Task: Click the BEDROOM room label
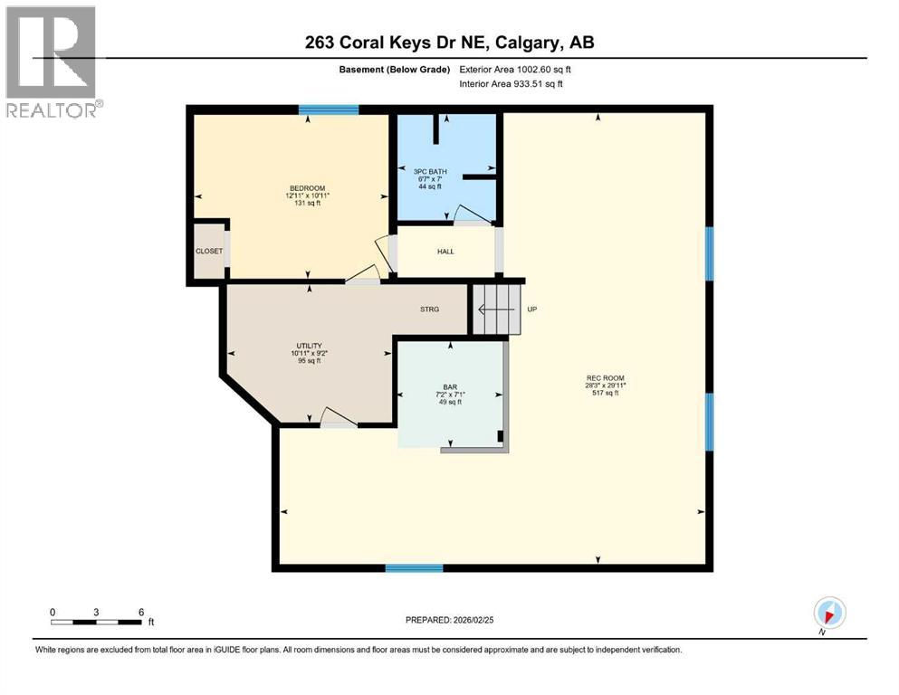click(x=301, y=188)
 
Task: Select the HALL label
click(x=445, y=252)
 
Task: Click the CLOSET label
click(x=208, y=252)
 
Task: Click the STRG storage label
click(x=429, y=309)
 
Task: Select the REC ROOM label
click(x=606, y=378)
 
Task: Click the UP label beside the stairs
click(x=532, y=309)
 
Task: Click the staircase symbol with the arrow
click(x=496, y=309)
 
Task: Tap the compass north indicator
click(x=828, y=613)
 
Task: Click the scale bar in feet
click(x=97, y=622)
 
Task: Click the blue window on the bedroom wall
click(x=329, y=110)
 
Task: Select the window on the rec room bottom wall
click(x=414, y=568)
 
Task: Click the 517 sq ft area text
click(x=606, y=393)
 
